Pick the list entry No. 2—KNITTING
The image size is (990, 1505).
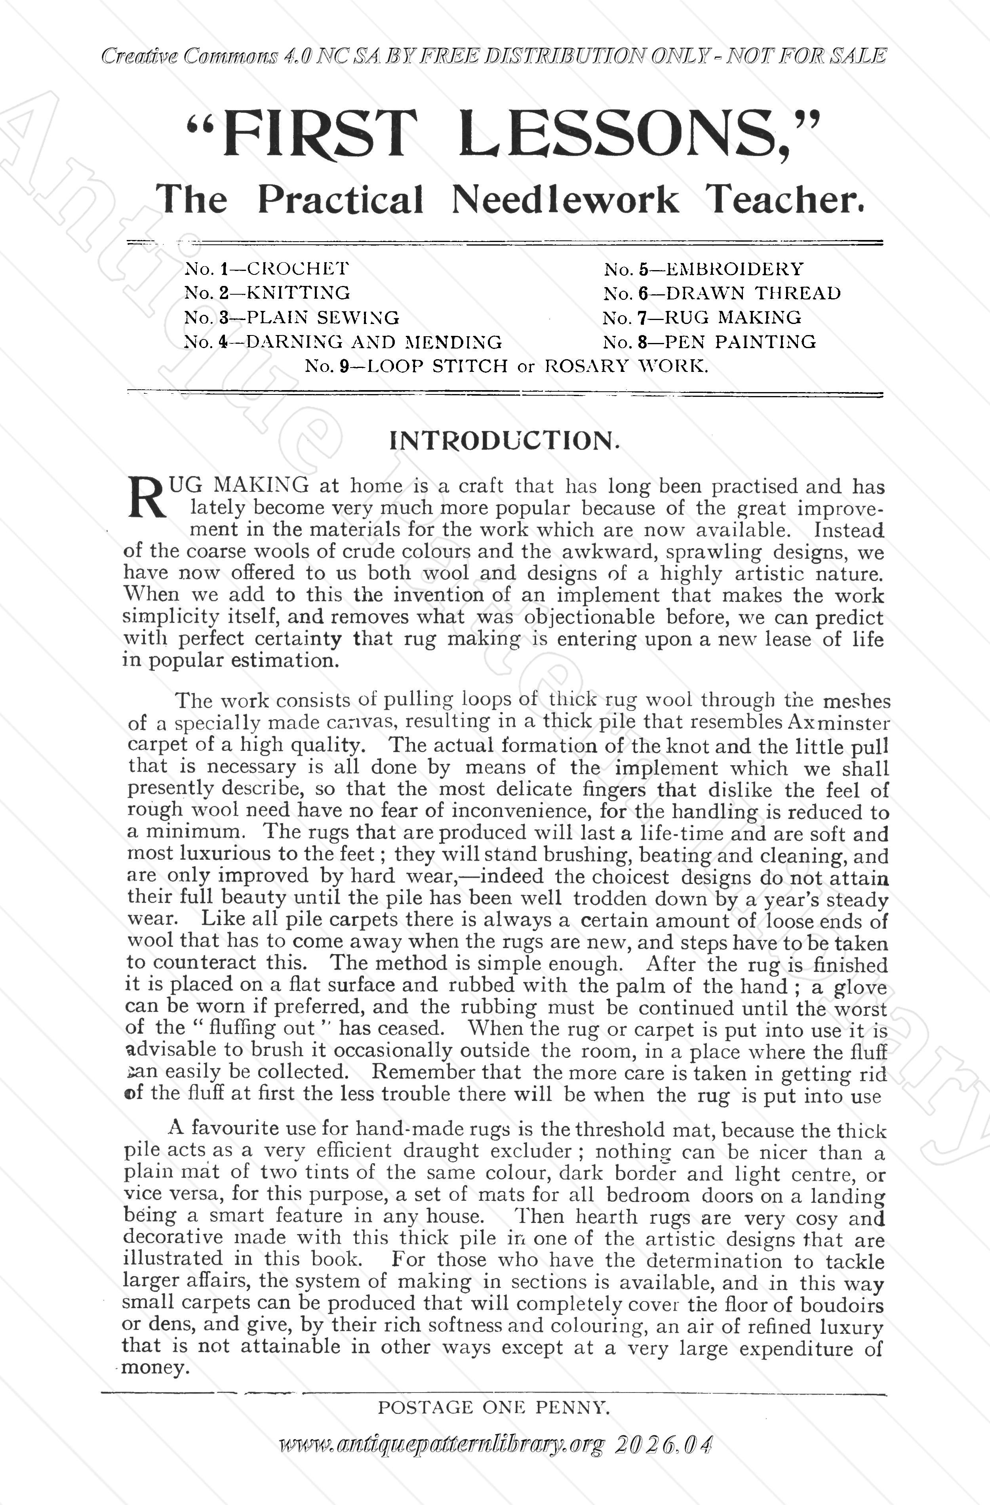267,293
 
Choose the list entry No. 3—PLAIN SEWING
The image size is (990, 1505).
291,318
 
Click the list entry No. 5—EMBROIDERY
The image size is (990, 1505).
703,269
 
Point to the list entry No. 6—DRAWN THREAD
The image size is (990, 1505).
722,293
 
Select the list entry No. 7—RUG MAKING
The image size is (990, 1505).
702,318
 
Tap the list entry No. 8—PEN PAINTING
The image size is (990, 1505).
709,342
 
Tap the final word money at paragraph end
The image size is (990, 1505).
155,1368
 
